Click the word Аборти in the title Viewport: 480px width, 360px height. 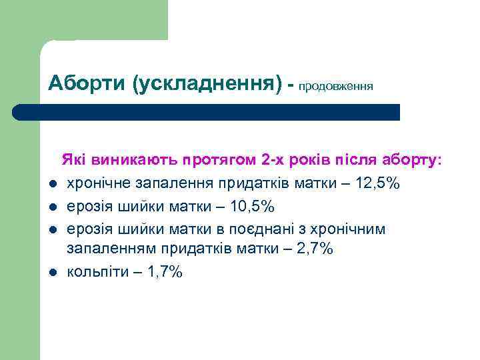coord(88,85)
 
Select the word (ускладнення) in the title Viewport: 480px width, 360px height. coord(207,85)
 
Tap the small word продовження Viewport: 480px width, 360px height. coord(336,87)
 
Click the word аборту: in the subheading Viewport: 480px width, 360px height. coord(411,161)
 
